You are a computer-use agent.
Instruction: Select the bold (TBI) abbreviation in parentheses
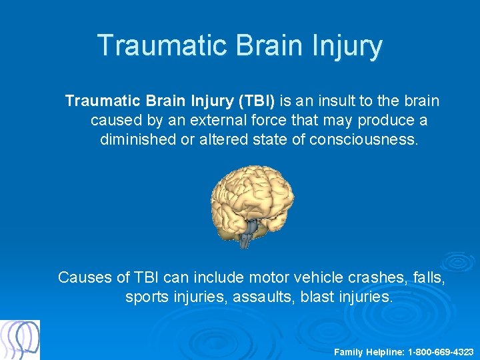[x=254, y=101]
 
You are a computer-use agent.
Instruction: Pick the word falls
[x=427, y=277]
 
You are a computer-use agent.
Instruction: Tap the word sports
[x=146, y=297]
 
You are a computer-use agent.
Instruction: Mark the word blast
[x=316, y=297]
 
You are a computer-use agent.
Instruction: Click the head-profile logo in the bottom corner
[x=20, y=340]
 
